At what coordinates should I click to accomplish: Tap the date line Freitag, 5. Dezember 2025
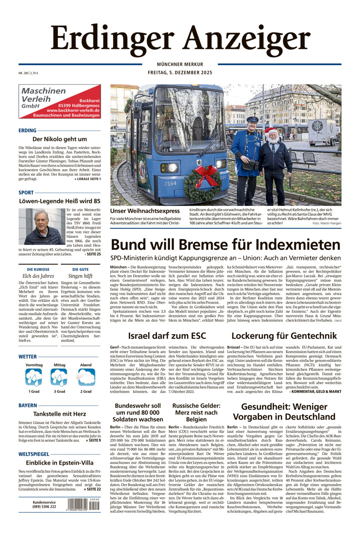(x=180, y=73)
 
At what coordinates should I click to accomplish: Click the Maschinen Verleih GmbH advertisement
(x=60, y=102)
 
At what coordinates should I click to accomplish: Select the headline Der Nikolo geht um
(x=60, y=139)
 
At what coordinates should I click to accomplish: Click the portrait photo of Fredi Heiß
(x=41, y=227)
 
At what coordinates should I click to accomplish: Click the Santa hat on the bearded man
(x=271, y=131)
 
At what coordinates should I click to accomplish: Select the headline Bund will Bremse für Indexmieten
(x=225, y=245)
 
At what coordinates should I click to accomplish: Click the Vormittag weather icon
(x=34, y=377)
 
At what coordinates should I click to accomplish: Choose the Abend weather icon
(x=86, y=377)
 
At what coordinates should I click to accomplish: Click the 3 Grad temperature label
(x=60, y=391)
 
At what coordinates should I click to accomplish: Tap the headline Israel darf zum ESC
(x=167, y=335)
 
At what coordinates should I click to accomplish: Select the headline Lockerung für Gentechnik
(x=284, y=335)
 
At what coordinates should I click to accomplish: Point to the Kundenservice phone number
(x=44, y=507)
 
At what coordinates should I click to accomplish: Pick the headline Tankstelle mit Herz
(x=60, y=413)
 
